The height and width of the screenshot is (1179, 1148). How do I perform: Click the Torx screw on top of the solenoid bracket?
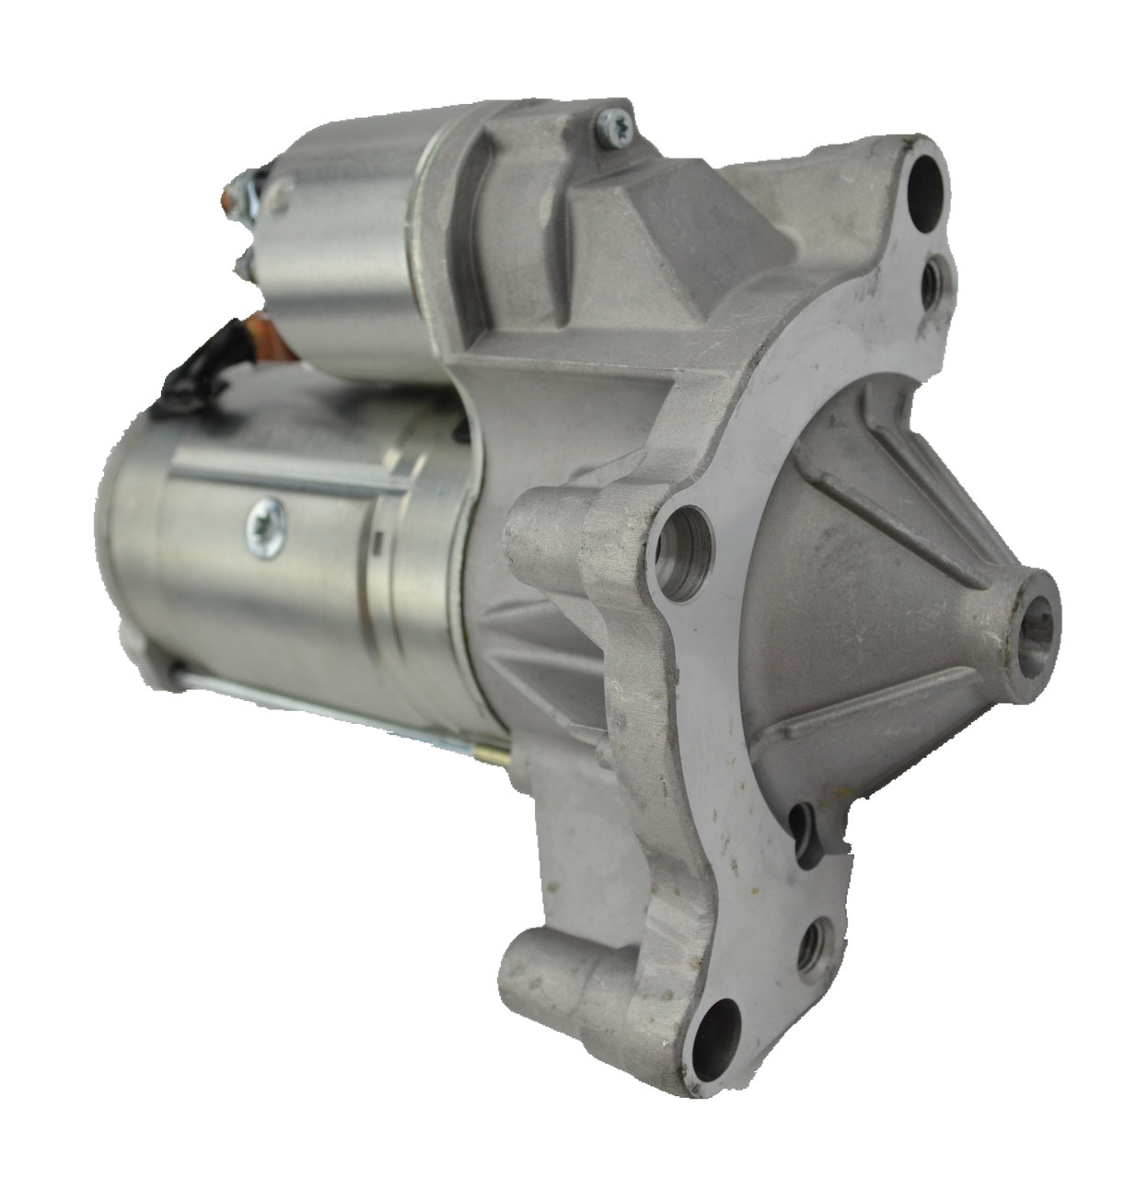(610, 125)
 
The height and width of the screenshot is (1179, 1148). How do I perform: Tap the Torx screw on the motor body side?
(267, 527)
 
